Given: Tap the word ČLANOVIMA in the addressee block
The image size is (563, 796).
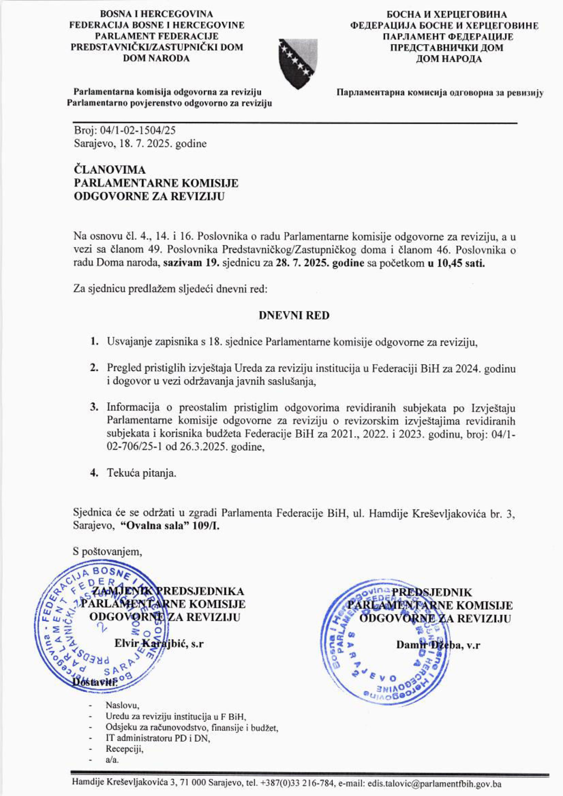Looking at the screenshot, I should pyautogui.click(x=110, y=170).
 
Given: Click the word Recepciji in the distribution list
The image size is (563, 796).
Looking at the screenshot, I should pyautogui.click(x=124, y=749).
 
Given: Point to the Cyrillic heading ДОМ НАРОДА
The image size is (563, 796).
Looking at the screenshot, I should pyautogui.click(x=449, y=59).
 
